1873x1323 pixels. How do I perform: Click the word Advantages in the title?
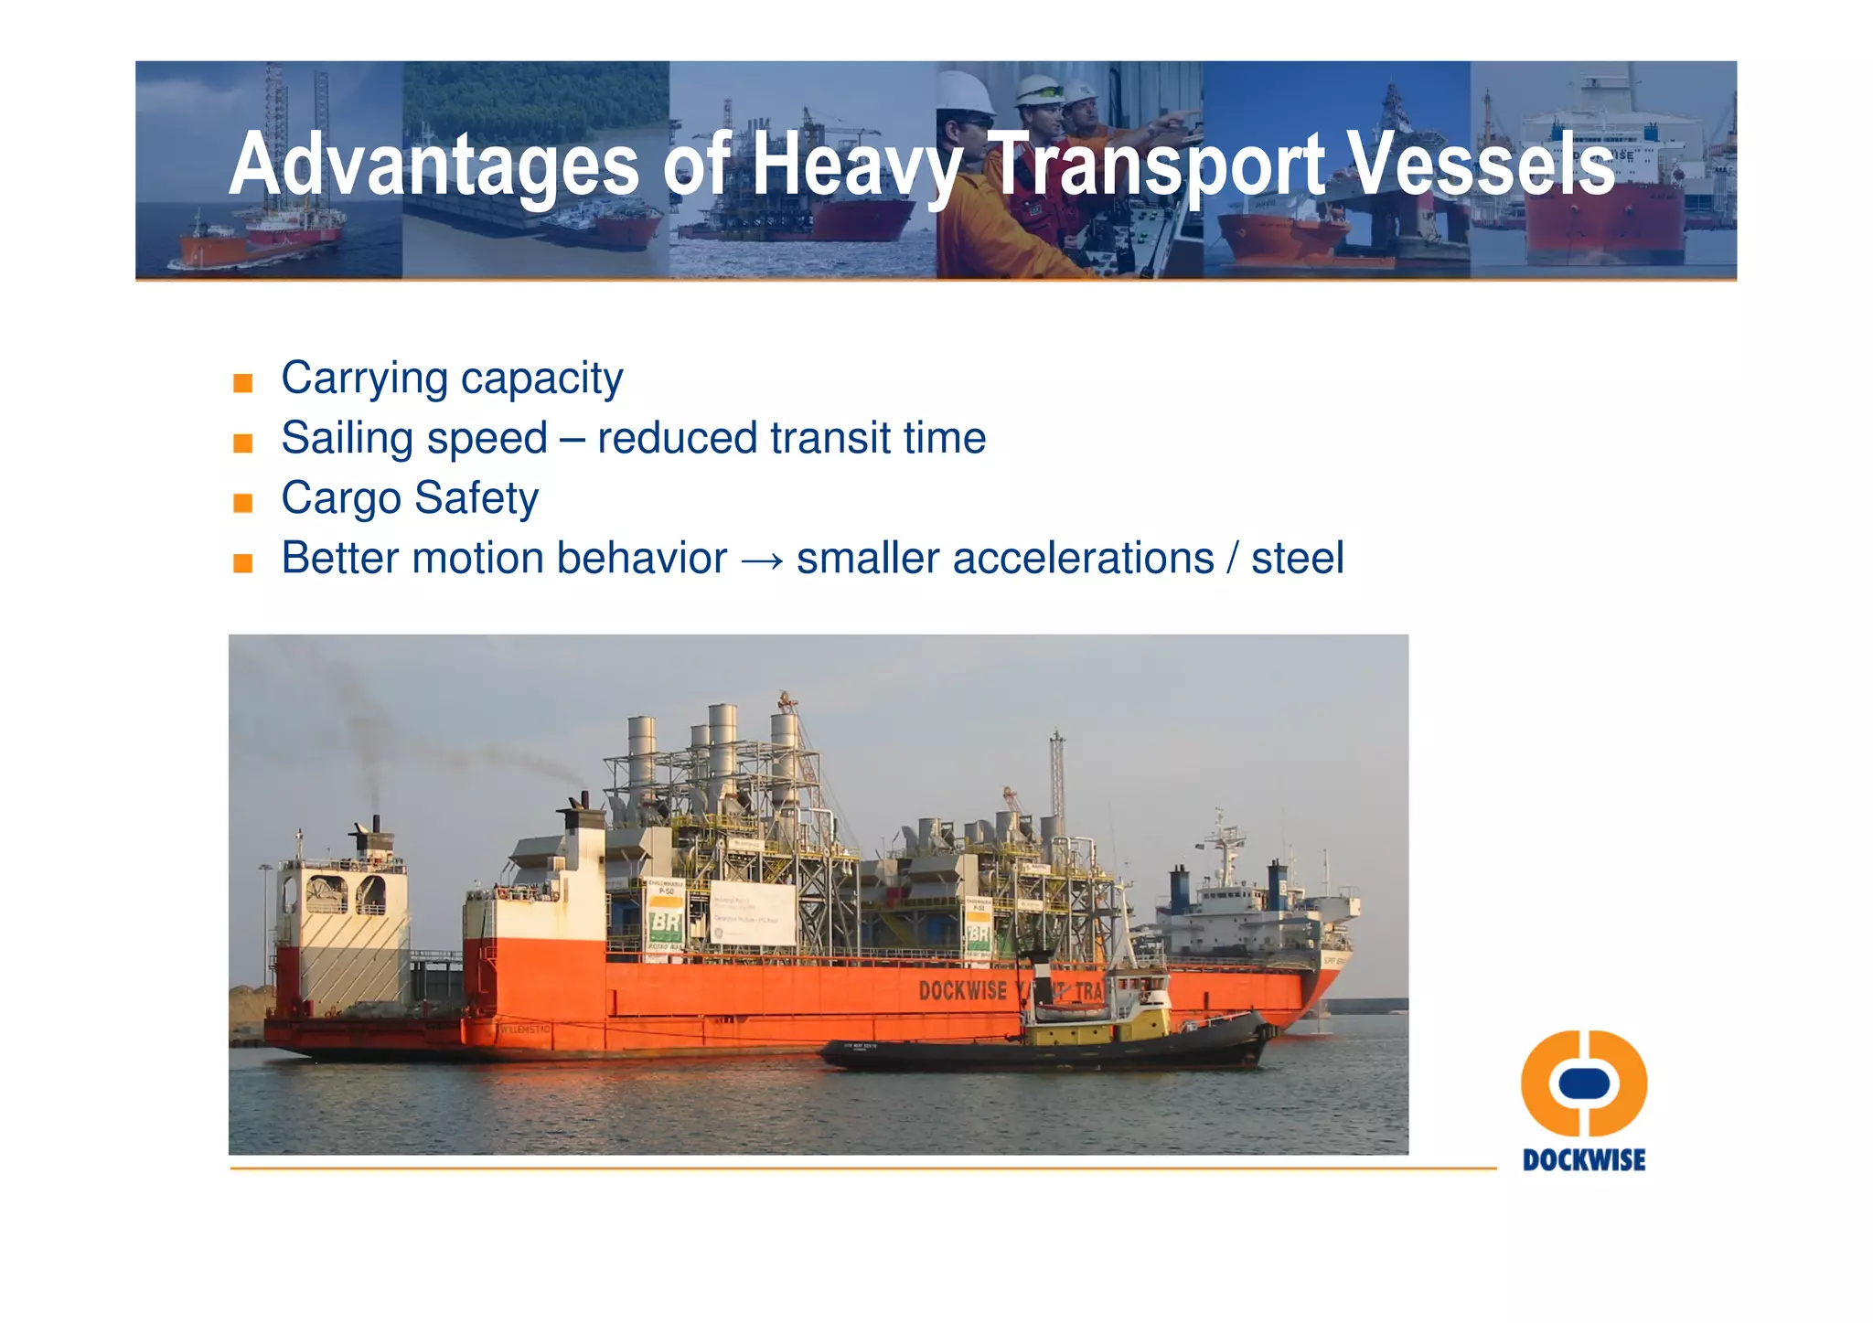pyautogui.click(x=433, y=165)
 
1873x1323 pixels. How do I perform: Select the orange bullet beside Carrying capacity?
pyautogui.click(x=242, y=383)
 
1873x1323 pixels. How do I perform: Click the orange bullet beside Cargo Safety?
pyautogui.click(x=242, y=503)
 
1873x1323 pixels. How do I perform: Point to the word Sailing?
pyautogui.click(x=347, y=439)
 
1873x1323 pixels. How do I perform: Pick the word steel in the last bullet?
pyautogui.click(x=1297, y=559)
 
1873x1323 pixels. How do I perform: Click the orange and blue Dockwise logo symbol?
pyautogui.click(x=1584, y=1083)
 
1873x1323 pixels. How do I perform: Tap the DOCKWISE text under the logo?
pyautogui.click(x=1584, y=1160)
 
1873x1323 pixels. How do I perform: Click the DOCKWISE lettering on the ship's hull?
pyautogui.click(x=962, y=991)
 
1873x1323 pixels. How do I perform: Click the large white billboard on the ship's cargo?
pyautogui.click(x=753, y=912)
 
